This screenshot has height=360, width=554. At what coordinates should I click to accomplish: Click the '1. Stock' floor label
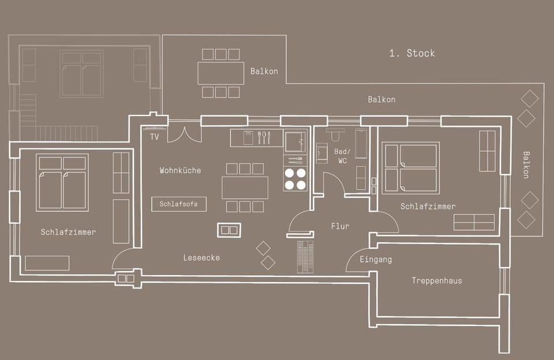412,53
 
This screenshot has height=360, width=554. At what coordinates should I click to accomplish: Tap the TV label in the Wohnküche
154,137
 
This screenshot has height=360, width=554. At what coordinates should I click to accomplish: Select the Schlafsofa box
179,204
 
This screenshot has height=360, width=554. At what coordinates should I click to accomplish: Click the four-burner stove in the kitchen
295,179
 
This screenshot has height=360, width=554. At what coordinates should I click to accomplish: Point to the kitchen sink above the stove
295,141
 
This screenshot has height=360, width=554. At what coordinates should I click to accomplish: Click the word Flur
340,227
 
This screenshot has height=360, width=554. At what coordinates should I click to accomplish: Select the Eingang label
375,260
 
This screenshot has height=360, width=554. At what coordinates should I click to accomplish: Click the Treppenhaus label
436,281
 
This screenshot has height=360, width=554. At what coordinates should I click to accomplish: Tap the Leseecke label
201,258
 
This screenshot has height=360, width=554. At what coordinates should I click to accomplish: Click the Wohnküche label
180,171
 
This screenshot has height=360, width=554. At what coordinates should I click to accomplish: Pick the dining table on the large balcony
220,73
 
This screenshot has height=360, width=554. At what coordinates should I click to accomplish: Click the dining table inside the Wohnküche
245,187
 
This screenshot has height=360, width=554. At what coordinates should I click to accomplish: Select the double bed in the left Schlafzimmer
62,182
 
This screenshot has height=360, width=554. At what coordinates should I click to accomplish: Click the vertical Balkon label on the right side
526,164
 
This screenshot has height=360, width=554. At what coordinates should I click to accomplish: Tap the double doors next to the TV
184,134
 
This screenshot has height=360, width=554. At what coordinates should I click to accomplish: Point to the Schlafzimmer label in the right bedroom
428,207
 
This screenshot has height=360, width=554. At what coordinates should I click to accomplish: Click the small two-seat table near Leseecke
229,230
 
